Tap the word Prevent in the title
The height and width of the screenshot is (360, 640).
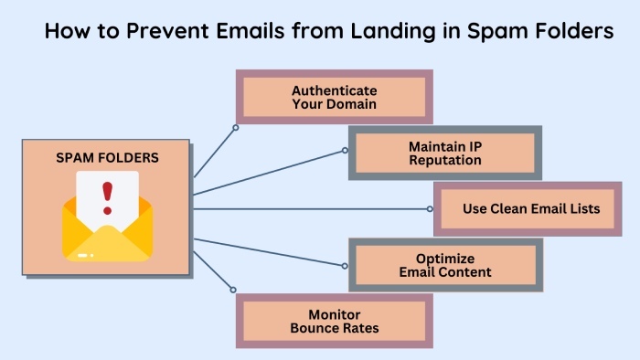(160, 32)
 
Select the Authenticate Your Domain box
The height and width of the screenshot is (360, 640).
(335, 98)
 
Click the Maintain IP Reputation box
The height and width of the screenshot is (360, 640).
(445, 153)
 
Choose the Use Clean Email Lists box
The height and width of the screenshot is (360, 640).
(531, 208)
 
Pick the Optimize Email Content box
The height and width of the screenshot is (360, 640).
(445, 265)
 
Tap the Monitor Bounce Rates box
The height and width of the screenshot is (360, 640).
(335, 321)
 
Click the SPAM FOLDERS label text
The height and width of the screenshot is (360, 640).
(107, 157)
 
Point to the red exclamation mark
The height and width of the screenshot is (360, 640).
(107, 195)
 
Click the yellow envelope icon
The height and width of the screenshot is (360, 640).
(107, 228)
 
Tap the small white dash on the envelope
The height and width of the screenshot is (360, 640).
(85, 255)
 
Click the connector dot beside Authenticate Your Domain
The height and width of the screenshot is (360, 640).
(235, 128)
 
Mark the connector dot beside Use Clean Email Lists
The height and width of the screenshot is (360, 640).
(431, 208)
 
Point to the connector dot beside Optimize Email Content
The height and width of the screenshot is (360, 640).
(345, 266)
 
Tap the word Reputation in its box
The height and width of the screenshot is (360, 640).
(445, 160)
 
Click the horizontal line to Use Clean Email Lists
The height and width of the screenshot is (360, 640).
(311, 208)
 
